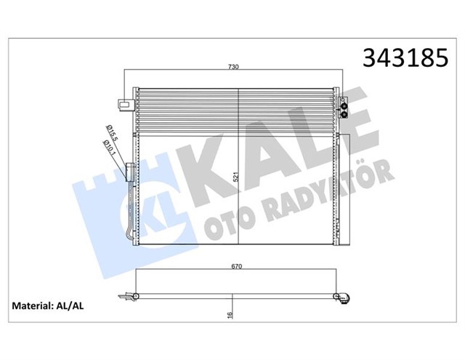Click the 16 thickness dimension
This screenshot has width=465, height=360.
pyautogui.click(x=230, y=315)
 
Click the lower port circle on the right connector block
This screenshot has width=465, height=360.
pyautogui.click(x=343, y=114)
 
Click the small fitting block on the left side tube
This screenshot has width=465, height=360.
pyautogui.click(x=131, y=172)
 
